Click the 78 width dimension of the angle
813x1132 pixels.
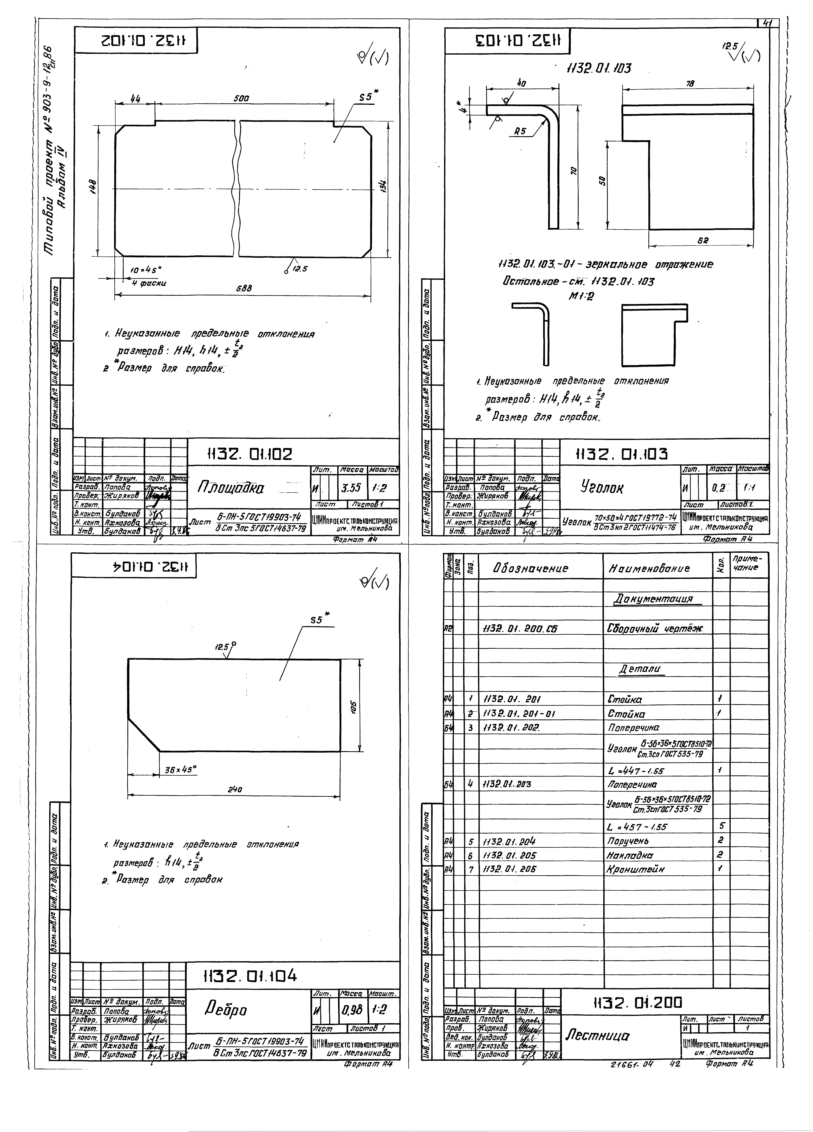click(690, 83)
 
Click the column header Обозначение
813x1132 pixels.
click(530, 568)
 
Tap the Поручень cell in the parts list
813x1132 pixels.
click(627, 840)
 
